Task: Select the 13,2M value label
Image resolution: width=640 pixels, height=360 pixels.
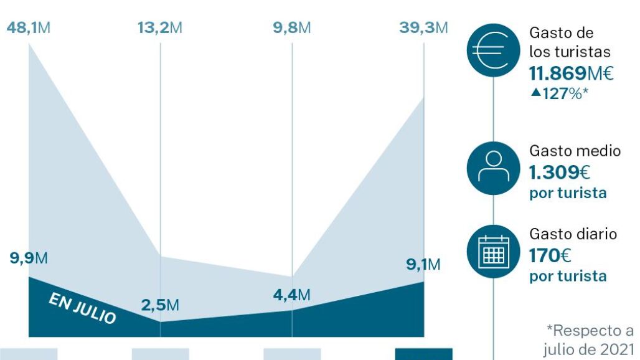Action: coord(159,29)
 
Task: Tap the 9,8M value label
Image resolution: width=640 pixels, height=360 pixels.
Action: coord(291,29)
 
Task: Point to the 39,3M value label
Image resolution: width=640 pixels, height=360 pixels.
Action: coord(423,29)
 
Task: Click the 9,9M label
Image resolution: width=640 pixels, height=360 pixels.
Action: coord(29,258)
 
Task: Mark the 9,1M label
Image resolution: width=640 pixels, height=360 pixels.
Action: coord(423,265)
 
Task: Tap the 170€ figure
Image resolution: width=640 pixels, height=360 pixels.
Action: coord(550,255)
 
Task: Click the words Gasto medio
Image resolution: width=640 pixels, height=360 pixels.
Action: coord(575,151)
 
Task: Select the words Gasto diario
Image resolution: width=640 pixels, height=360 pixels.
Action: coord(573,234)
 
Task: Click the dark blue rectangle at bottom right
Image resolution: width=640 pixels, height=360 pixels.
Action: coord(423,354)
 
